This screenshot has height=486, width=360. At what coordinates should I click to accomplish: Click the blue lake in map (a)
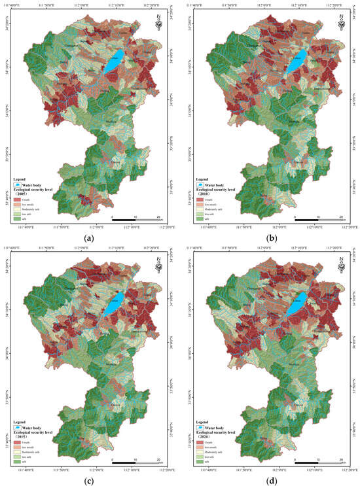coord(115,60)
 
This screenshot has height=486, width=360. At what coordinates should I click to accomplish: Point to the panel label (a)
coord(89,238)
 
